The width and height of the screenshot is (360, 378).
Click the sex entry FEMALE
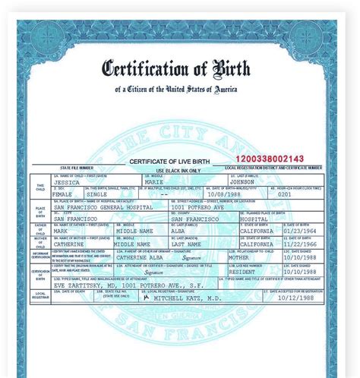pyautogui.click(x=63, y=194)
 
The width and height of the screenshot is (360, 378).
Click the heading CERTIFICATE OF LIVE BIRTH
pyautogui.click(x=169, y=161)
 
